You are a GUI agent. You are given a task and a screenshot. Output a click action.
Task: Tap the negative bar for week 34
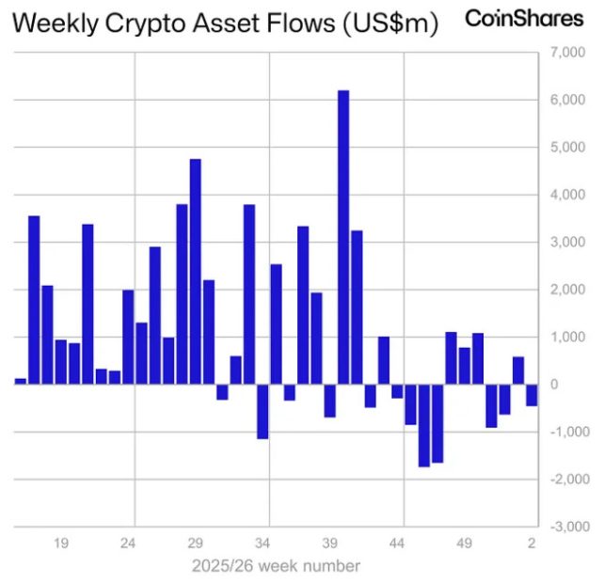262,411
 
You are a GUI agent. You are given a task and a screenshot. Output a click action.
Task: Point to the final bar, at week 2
532,394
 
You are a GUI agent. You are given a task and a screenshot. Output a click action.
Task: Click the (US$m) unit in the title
389,24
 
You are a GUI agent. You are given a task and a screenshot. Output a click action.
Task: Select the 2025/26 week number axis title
276,566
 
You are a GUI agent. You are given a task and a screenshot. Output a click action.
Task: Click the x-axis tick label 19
62,544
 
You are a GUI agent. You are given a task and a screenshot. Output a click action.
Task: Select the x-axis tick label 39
330,544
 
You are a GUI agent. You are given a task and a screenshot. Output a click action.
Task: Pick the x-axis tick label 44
397,544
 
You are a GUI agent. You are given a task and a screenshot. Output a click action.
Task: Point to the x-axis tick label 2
532,544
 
